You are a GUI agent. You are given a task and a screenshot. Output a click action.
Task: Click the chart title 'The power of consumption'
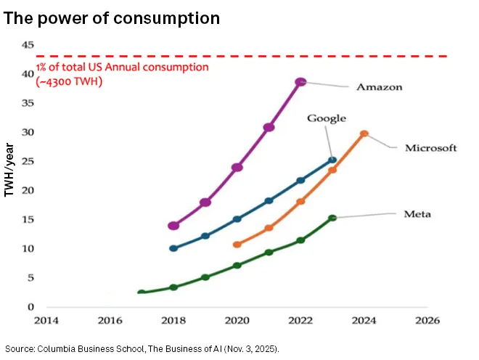pos(112,17)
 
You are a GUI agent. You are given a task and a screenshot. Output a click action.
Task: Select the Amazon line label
pos(379,87)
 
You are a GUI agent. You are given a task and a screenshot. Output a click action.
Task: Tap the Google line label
pos(326,118)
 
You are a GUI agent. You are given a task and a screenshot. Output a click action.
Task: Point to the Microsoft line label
pos(430,148)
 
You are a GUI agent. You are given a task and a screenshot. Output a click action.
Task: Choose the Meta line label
pos(417,214)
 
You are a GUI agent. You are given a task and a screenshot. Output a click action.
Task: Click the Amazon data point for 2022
pos(300,82)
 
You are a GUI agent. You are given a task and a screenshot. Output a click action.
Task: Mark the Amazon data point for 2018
pos(173,226)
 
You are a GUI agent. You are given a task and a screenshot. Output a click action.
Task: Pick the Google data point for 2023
pos(332,160)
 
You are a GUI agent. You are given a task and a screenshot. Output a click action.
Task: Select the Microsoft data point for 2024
pos(364,134)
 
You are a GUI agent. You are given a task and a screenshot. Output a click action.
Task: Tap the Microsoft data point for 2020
pos(237,245)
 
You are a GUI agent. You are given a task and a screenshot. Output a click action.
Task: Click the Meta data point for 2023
pos(332,218)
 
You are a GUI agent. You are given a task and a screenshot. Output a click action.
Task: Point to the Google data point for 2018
pos(173,248)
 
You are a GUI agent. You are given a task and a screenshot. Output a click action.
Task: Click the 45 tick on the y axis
pos(28,45)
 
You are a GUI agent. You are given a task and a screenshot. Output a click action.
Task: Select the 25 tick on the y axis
pos(28,161)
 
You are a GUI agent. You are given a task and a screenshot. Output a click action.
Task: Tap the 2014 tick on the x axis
pos(46,319)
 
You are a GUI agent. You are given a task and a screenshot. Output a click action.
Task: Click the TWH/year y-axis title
pos(9,172)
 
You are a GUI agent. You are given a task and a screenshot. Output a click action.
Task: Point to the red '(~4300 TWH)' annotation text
pos(69,81)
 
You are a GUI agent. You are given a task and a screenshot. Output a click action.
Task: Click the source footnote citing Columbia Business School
pos(142,348)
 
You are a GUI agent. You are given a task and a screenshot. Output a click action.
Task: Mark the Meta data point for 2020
pos(237,266)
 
